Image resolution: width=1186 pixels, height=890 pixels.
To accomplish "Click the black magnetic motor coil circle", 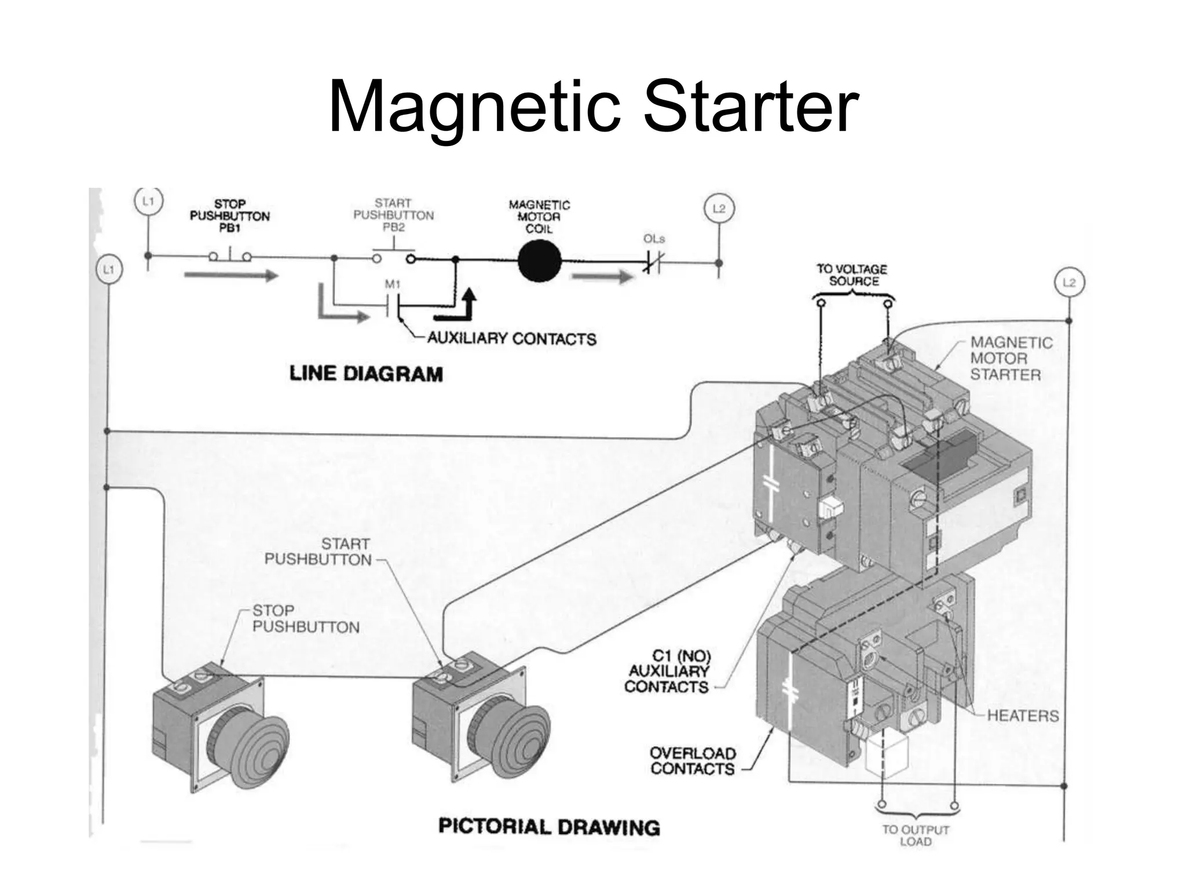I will (539, 261).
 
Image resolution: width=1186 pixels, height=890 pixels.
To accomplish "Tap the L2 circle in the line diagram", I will (718, 209).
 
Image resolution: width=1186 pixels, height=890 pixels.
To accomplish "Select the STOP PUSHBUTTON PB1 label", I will (229, 216).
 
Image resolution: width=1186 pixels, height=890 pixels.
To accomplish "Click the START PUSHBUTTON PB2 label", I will (393, 215).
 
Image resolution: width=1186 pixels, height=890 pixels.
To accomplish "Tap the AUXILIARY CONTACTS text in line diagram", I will (511, 338).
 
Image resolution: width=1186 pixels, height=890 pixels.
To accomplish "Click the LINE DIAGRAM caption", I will (366, 374).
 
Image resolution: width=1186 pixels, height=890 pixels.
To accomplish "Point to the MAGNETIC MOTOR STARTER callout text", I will (1011, 359).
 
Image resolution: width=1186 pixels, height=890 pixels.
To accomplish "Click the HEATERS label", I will (1022, 716).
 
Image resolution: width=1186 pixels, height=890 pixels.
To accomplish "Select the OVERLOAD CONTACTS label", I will (692, 761).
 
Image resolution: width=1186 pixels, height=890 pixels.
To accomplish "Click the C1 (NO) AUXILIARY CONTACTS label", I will (667, 672).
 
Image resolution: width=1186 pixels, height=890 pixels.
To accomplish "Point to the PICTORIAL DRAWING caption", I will (549, 827).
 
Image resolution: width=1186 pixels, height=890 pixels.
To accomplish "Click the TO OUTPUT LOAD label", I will (916, 835).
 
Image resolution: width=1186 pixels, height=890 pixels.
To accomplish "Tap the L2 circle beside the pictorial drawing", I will (1068, 283).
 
